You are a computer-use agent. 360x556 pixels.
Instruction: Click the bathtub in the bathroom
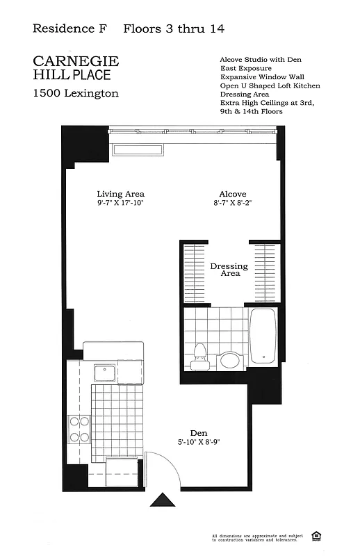click(x=263, y=336)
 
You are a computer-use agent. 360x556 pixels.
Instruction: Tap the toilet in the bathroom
click(x=199, y=354)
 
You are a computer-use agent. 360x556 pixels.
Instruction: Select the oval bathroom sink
click(x=229, y=361)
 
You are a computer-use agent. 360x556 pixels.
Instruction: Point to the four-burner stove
click(x=79, y=429)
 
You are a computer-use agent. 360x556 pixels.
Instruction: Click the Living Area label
click(x=120, y=194)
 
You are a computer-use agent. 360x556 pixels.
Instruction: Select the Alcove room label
click(x=232, y=194)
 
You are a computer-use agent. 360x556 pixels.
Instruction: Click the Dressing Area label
click(x=229, y=270)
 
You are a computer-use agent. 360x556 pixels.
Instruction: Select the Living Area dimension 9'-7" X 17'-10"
click(x=120, y=203)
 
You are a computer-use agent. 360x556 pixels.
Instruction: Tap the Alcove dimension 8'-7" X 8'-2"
click(x=232, y=203)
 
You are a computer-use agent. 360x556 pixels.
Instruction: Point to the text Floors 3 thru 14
click(x=174, y=29)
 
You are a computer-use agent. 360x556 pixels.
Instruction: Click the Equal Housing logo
click(x=317, y=535)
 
